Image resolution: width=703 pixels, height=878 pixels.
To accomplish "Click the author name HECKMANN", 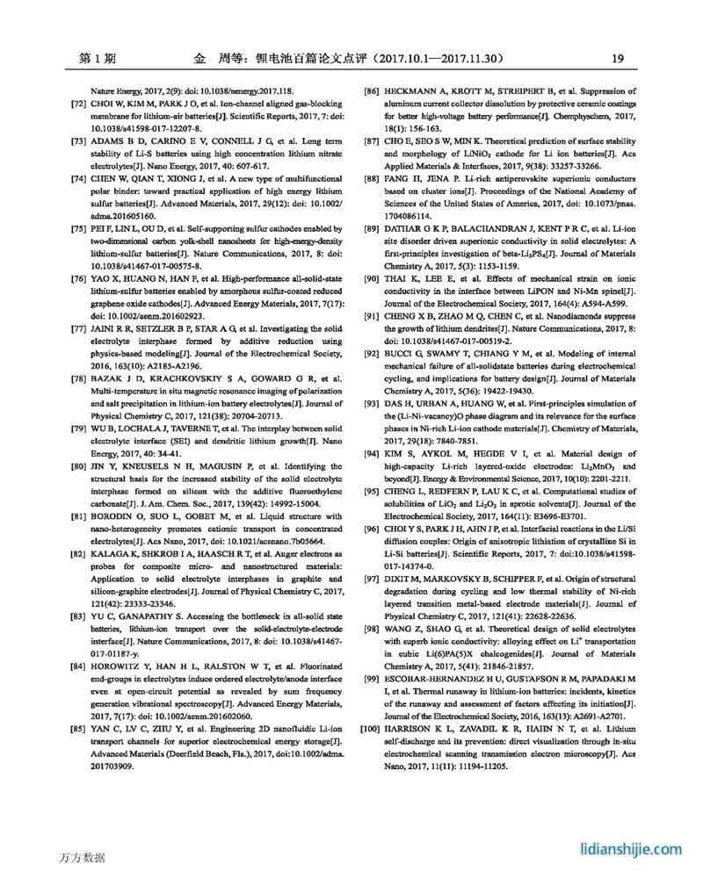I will click(x=415, y=91).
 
